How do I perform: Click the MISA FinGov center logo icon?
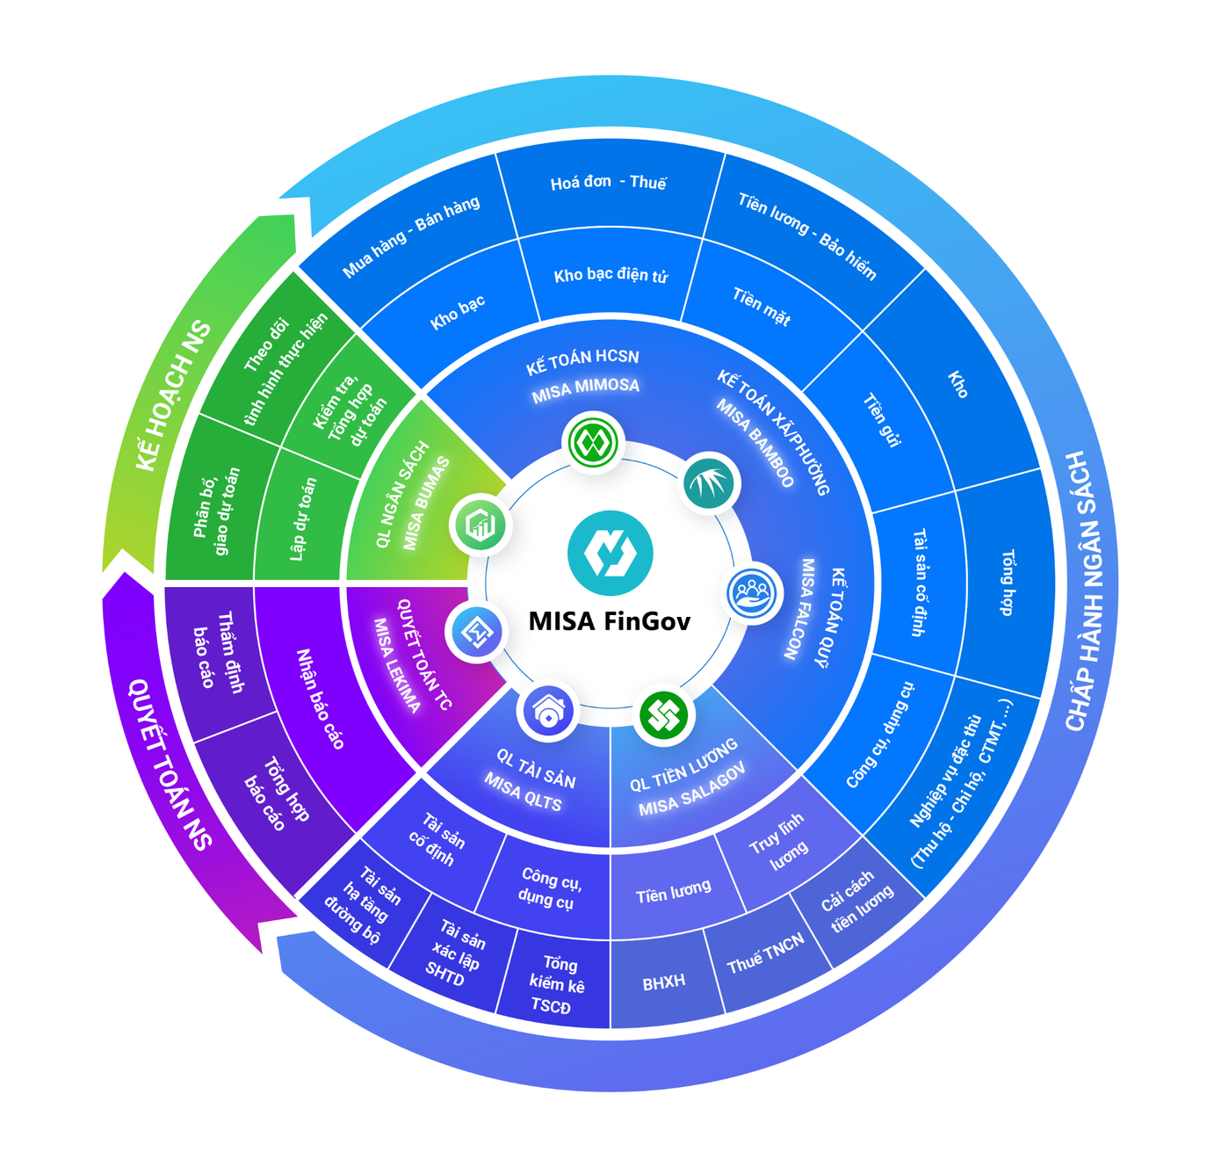610,554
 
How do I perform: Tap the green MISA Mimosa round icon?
594,442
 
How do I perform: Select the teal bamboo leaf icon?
711,482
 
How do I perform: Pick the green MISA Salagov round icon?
664,714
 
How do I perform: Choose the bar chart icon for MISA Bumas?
480,525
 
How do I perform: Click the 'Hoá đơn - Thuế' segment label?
608,183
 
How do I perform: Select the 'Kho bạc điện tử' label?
610,275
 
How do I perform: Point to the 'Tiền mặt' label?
761,306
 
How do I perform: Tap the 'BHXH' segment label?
663,982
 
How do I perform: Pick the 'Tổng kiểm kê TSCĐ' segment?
555,985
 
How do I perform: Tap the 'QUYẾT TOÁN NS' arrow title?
170,765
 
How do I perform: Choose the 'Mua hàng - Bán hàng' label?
411,236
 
